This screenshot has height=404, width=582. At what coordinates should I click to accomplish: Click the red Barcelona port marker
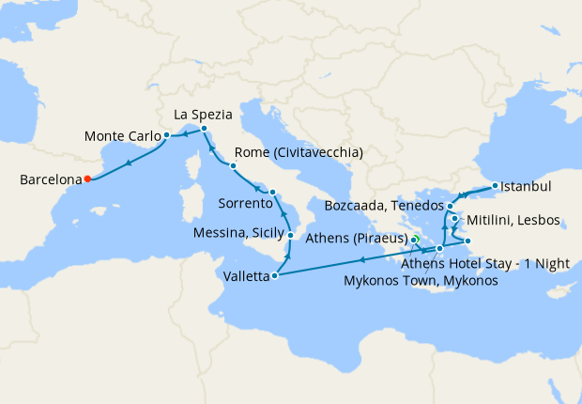86,178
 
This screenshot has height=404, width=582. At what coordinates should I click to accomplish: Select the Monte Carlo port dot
166,135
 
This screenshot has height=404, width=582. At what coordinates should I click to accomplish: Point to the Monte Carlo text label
122,135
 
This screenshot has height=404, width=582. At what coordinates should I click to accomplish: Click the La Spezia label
204,115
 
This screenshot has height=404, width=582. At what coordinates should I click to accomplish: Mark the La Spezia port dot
204,127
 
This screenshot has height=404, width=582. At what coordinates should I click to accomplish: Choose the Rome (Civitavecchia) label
299,153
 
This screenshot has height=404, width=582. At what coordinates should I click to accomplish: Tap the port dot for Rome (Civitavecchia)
233,165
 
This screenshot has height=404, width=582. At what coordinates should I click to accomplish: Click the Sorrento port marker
272,193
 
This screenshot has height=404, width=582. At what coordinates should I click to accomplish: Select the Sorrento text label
244,203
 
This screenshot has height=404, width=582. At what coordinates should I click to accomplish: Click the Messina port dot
291,235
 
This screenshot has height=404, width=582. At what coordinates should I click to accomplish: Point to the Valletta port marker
274,276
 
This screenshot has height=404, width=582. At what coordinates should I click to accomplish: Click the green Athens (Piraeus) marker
414,240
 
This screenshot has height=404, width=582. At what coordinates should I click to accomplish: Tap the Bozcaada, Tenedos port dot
451,206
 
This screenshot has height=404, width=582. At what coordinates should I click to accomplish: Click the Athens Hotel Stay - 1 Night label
498,264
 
